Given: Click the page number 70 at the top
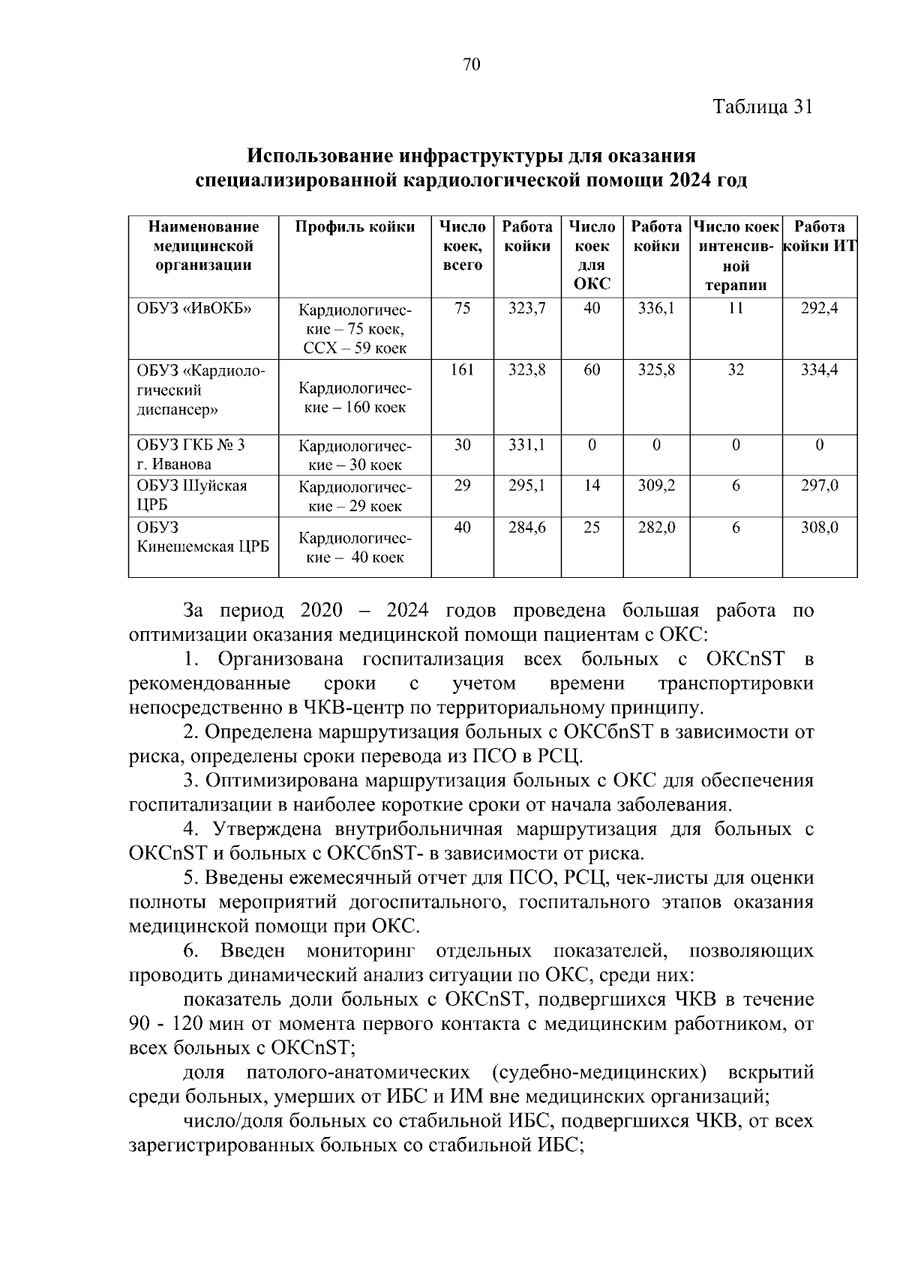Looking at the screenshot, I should (472, 64).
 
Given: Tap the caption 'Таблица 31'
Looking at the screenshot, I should (762, 106).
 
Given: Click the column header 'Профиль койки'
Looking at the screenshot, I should (355, 227).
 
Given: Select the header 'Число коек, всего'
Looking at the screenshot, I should (462, 246).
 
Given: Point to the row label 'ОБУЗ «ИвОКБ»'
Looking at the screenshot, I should (193, 308).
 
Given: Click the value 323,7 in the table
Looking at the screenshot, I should (526, 308).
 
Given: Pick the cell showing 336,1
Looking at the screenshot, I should (656, 308).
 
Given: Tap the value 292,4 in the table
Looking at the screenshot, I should (819, 308).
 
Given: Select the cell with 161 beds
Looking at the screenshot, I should (462, 370).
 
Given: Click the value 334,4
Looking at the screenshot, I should (819, 370).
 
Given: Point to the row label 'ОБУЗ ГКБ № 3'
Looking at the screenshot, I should (190, 445).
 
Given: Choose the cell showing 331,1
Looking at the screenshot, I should (526, 445).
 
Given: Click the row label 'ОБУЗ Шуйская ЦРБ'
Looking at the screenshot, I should (191, 495).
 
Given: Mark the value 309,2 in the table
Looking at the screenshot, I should (656, 486).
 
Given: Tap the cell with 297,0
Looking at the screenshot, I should (819, 486).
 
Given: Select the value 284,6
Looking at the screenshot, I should (526, 528).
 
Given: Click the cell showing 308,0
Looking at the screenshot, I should (819, 528).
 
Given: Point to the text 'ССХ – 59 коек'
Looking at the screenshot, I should (355, 348).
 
